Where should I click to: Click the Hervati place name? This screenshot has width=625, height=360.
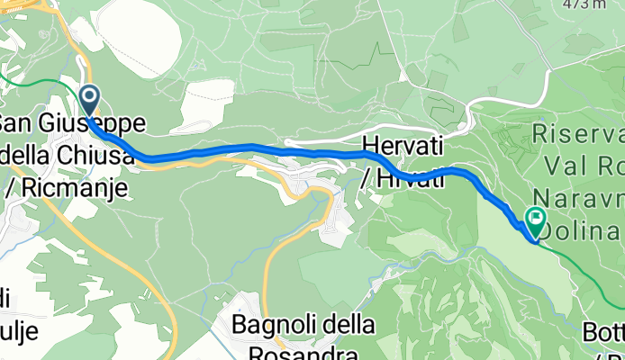(403, 144)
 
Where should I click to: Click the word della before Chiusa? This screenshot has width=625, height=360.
(27, 155)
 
